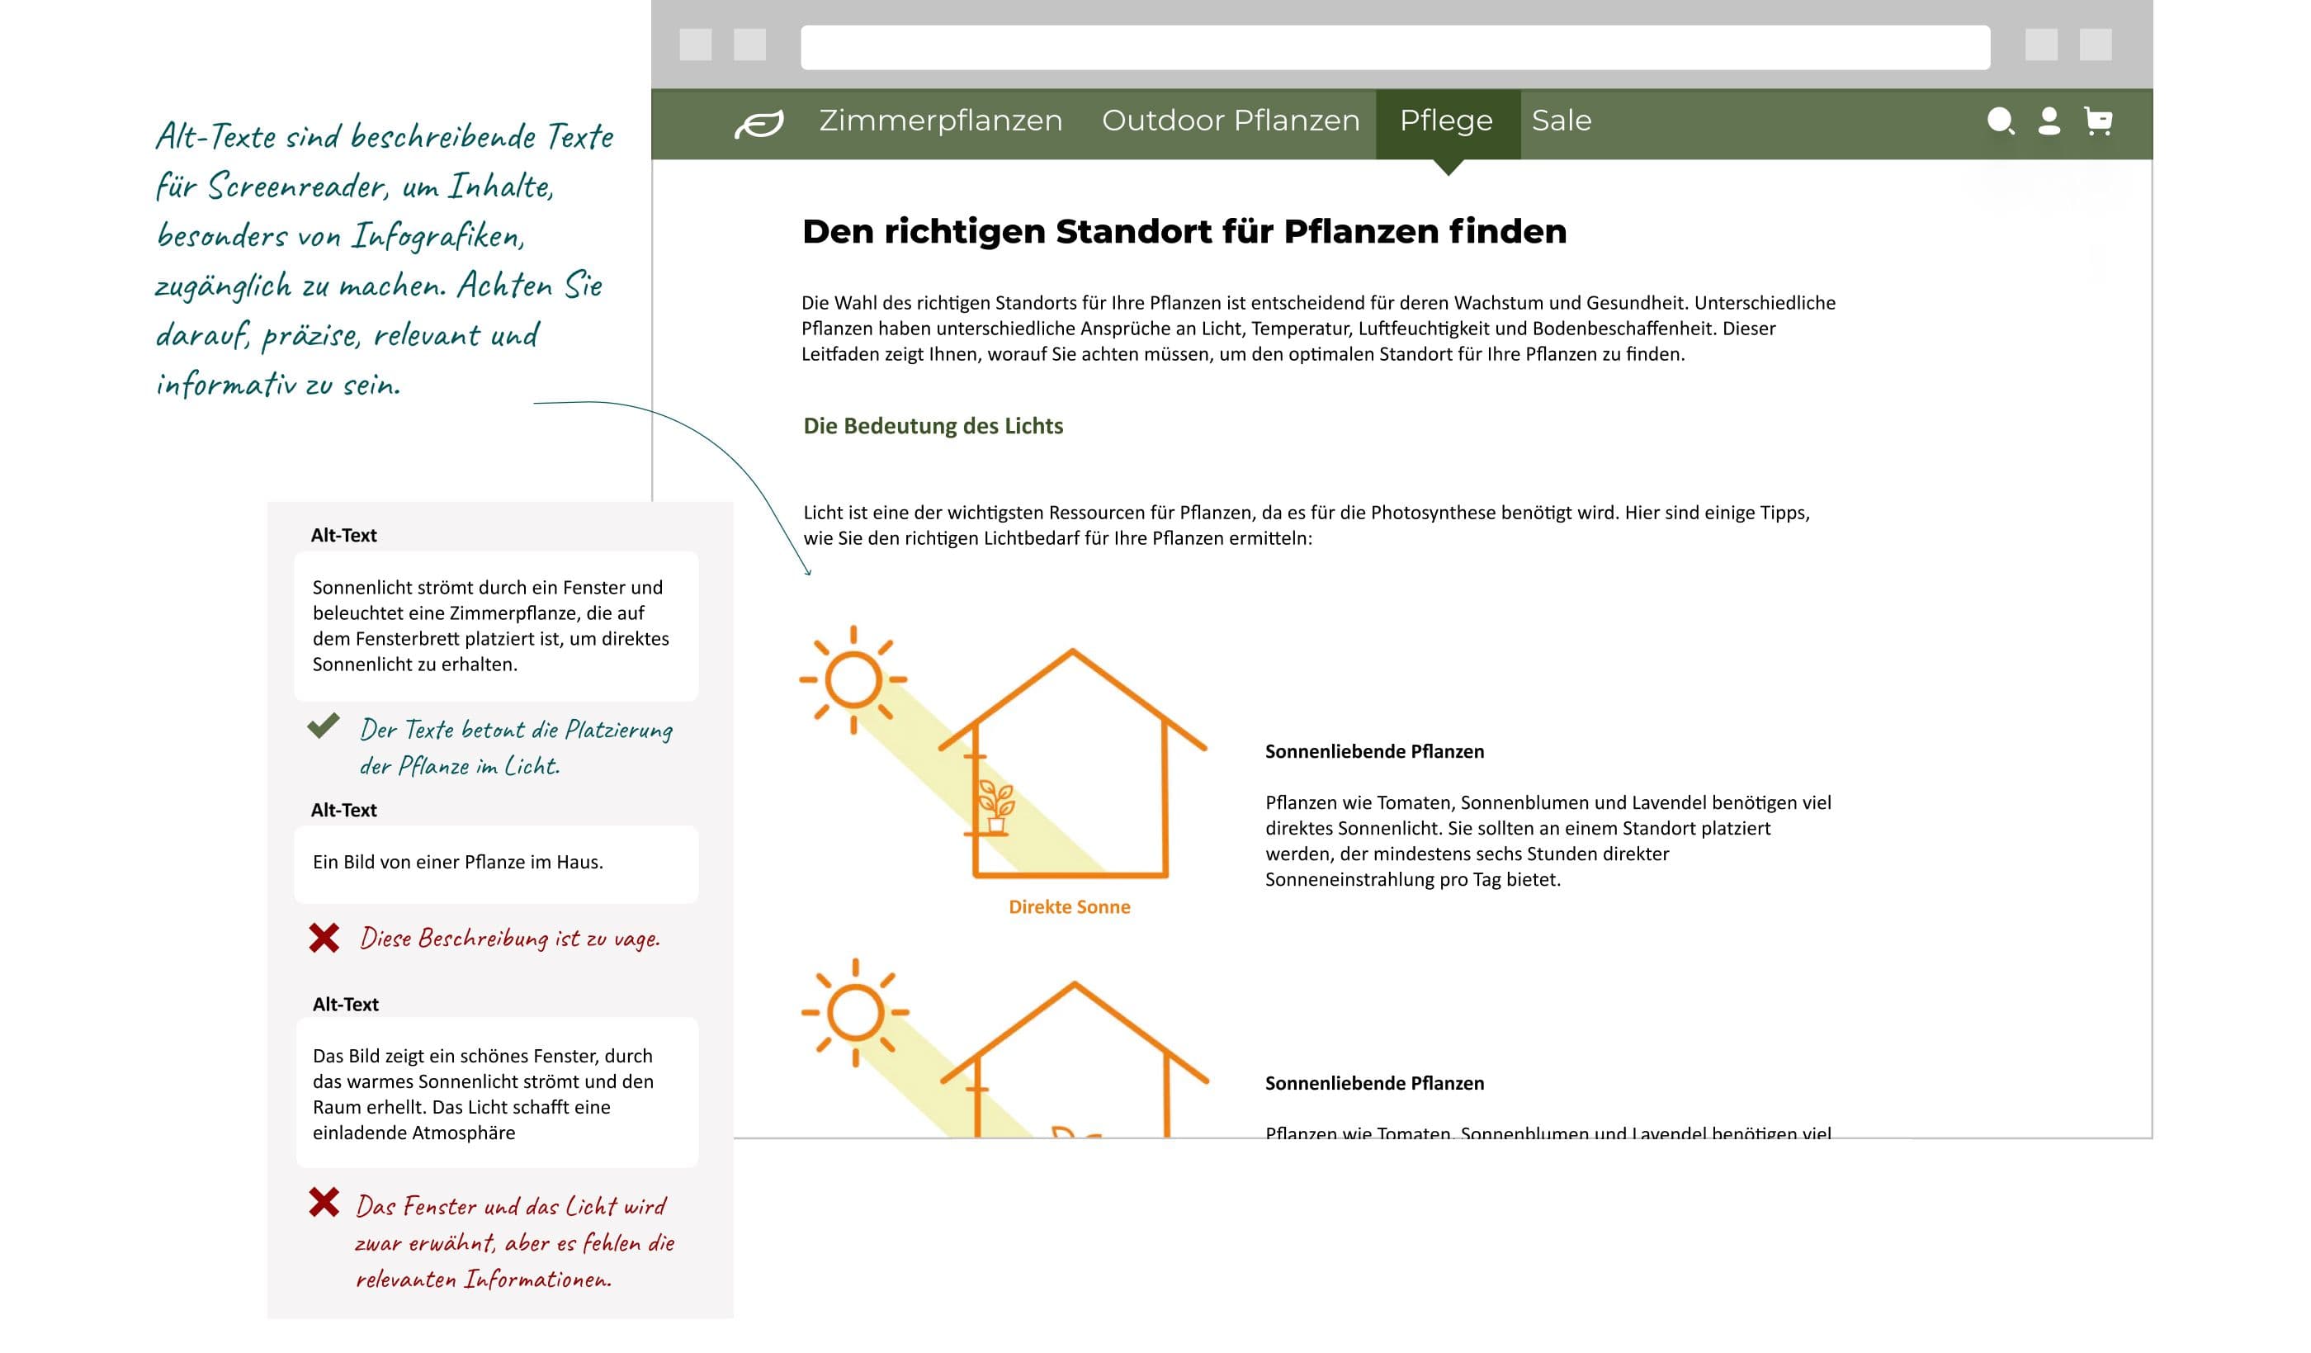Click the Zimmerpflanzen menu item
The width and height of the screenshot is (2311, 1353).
tap(940, 121)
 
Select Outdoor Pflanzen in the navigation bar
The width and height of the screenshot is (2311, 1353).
tap(1230, 121)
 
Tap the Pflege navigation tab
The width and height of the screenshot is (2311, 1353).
tap(1446, 121)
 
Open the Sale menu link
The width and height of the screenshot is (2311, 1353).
tap(1561, 121)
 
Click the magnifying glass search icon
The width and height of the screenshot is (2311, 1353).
tap(1999, 121)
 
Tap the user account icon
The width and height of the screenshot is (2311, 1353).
tap(2049, 121)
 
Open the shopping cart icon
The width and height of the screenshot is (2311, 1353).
tap(2097, 121)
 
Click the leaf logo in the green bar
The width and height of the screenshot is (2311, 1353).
tap(759, 123)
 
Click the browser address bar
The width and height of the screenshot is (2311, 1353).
tap(1394, 47)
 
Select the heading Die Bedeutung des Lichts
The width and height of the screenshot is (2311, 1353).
tap(933, 426)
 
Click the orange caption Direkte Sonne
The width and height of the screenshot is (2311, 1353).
tap(1070, 907)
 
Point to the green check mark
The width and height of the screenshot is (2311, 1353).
tap(323, 726)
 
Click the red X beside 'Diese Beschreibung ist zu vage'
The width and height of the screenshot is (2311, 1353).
tap(324, 938)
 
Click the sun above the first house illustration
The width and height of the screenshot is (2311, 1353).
tap(853, 679)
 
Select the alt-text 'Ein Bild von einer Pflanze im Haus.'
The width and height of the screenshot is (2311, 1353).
tap(457, 863)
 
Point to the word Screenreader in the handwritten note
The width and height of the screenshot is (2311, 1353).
tap(296, 187)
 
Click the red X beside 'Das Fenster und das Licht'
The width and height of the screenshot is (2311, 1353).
tap(324, 1202)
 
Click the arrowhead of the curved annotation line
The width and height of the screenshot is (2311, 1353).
tap(808, 572)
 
